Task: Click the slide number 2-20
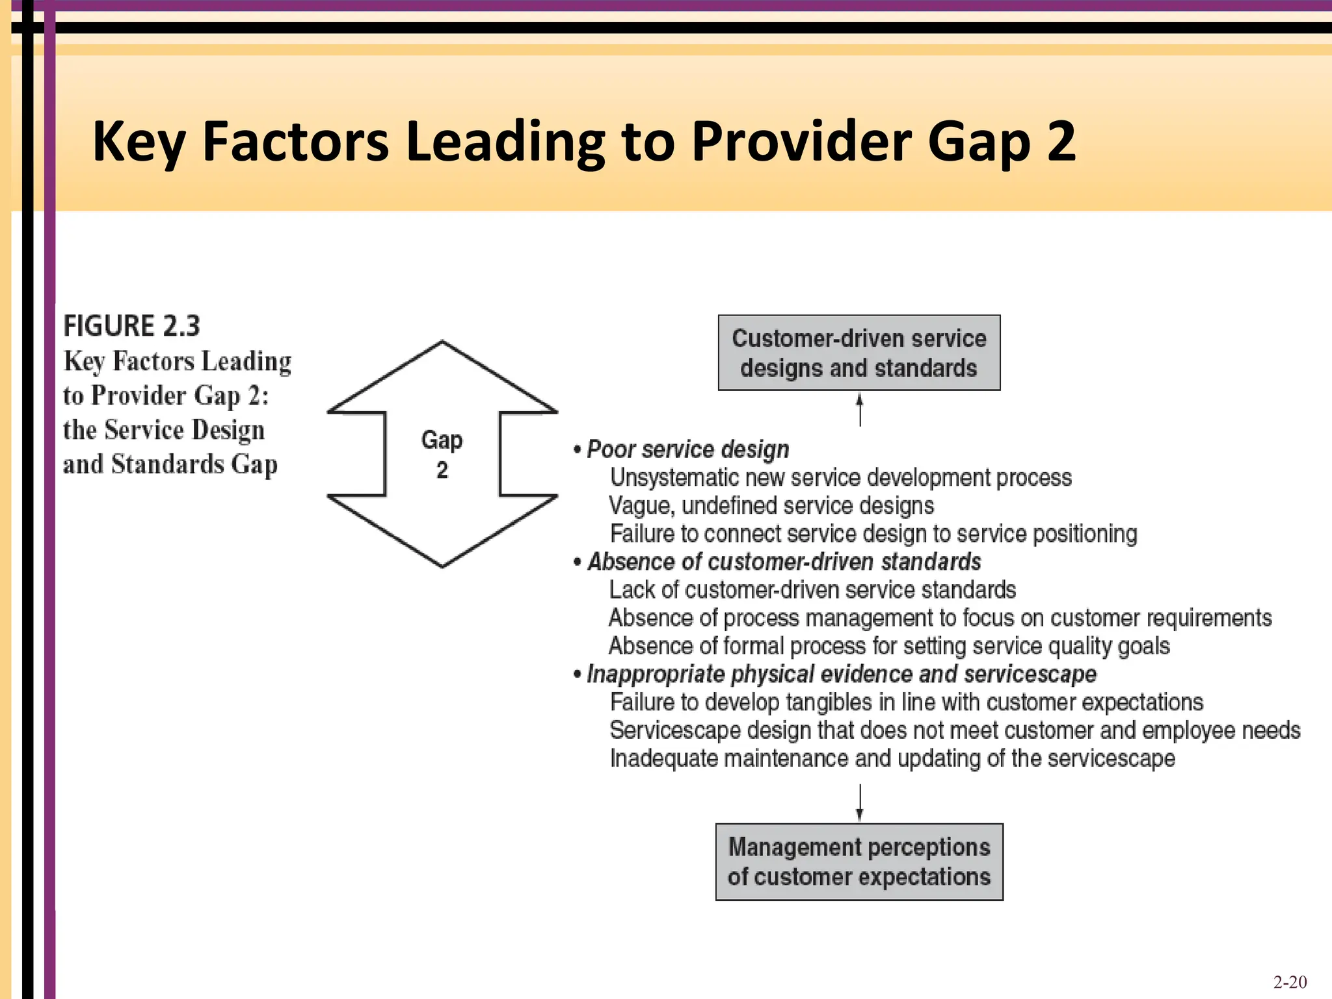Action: click(1290, 981)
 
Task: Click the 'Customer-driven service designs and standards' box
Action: click(859, 353)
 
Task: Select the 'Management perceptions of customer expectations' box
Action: click(859, 862)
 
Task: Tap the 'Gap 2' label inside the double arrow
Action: click(442, 455)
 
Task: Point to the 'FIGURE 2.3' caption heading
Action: click(131, 326)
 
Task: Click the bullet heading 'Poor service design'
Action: click(687, 449)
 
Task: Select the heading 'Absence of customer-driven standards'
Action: click(784, 561)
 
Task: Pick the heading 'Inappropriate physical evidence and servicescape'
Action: click(841, 674)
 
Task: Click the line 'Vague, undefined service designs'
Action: click(771, 505)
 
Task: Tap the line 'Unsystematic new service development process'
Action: click(840, 477)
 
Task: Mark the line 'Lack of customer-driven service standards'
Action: click(812, 590)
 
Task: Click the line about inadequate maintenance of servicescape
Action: click(892, 758)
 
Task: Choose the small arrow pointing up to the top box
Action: click(860, 410)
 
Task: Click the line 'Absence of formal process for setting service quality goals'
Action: click(889, 646)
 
